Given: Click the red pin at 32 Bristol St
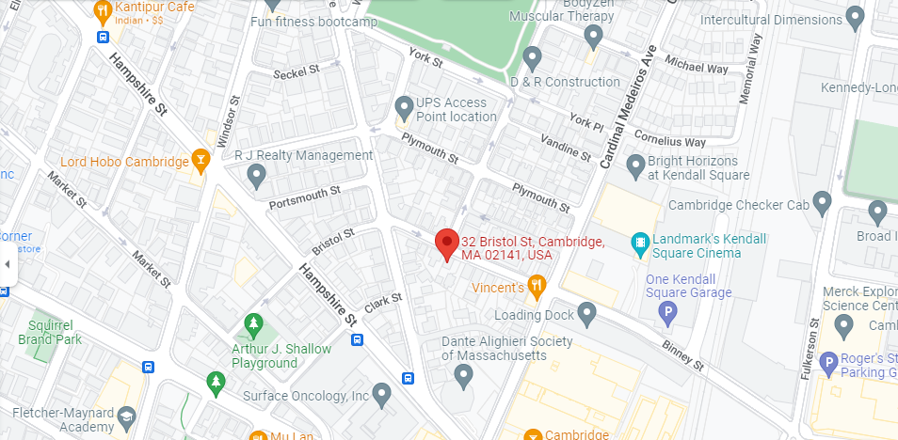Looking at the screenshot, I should point(447,244).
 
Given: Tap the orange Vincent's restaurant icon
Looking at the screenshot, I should point(537,286).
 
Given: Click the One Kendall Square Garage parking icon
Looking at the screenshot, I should point(668,312).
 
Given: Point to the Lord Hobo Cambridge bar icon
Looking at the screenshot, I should point(200,161).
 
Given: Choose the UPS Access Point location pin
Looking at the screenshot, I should point(404,106).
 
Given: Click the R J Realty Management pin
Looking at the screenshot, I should point(255,175).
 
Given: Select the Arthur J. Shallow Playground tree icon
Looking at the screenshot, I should point(252,325).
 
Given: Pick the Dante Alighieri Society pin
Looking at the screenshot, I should point(462,375).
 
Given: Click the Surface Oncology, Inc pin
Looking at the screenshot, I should point(381,394).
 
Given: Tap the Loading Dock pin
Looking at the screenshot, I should point(587,313).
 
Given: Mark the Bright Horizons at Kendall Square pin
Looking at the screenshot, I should point(635,166).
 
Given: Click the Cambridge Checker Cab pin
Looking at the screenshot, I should point(823,202).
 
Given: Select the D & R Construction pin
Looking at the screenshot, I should point(532,58).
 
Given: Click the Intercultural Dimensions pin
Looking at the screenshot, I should point(855,16).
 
